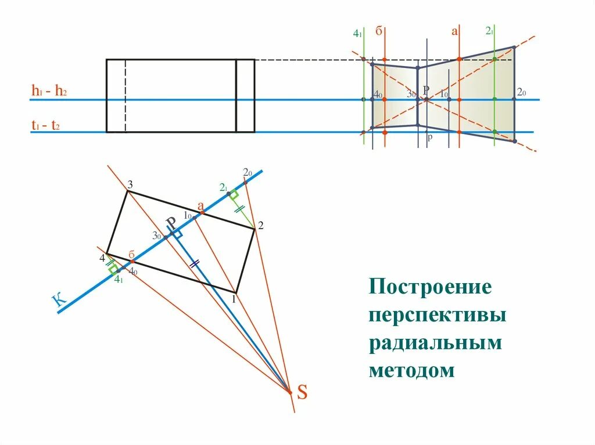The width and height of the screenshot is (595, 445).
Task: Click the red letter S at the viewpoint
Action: pyautogui.click(x=302, y=393)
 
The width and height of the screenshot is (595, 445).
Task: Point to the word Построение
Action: pyautogui.click(x=430, y=287)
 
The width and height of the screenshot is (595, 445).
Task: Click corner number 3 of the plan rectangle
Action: pyautogui.click(x=130, y=184)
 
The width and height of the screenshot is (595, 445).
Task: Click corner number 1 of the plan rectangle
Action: pyautogui.click(x=234, y=299)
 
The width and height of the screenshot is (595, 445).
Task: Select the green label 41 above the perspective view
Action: pyautogui.click(x=357, y=34)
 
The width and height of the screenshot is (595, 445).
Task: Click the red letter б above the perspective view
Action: pyautogui.click(x=378, y=31)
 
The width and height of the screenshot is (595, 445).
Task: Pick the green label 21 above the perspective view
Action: pyautogui.click(x=489, y=31)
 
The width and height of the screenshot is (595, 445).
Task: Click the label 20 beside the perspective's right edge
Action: pyautogui.click(x=521, y=93)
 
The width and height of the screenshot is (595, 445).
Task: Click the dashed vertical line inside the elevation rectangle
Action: pyautogui.click(x=126, y=96)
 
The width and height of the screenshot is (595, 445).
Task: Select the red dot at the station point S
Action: pyautogui.click(x=290, y=392)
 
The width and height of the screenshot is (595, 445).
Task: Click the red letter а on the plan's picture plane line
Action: pyautogui.click(x=200, y=206)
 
